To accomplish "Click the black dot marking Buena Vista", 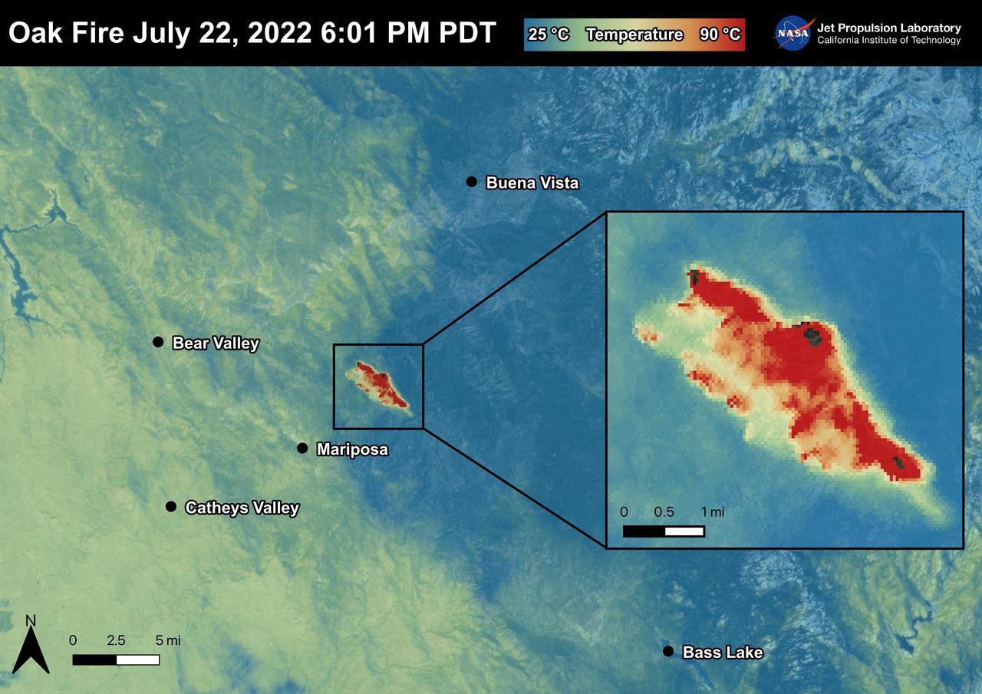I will point(472,182).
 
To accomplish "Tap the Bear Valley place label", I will point(216,343).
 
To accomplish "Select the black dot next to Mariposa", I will point(302,448).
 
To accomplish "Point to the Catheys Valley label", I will point(242,507).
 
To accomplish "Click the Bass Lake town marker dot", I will point(667,651).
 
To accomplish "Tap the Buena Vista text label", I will point(532,183).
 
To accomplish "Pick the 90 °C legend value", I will point(720,35).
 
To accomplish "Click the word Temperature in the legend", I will point(634,35).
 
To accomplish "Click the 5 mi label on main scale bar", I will point(167,640).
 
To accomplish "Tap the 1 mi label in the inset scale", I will point(712,511).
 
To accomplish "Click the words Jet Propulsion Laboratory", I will point(888,28).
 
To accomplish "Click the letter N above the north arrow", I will point(31,620).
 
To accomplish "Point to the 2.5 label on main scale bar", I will point(117,640).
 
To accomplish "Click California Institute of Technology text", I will point(888,41).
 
